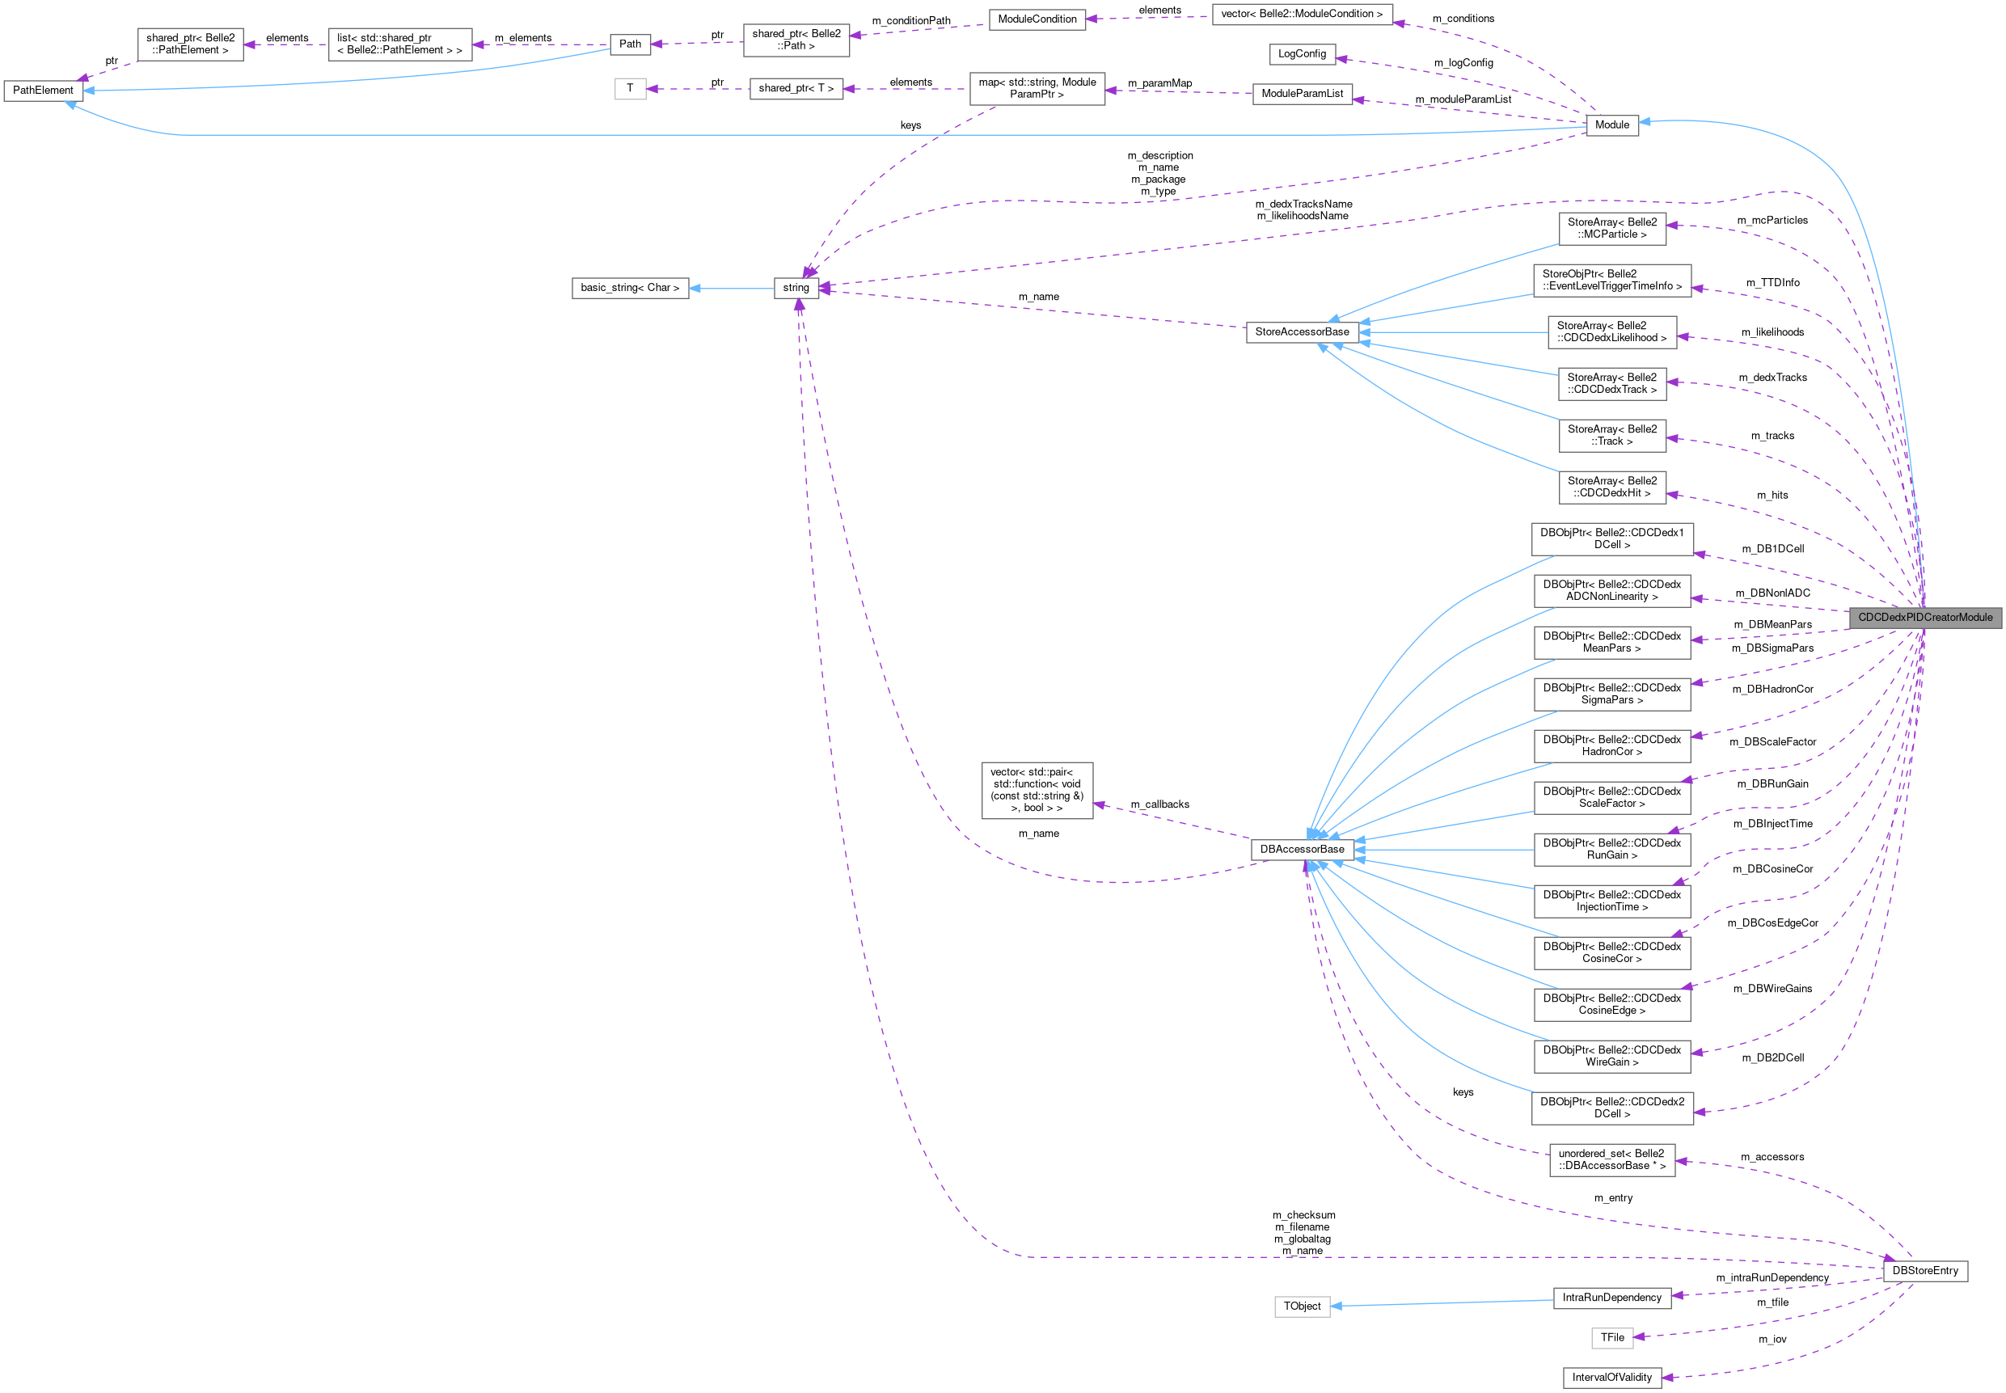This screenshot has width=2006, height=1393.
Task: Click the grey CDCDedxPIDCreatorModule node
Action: [1925, 617]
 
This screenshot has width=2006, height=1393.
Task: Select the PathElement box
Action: [43, 90]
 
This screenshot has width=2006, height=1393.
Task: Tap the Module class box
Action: [1611, 125]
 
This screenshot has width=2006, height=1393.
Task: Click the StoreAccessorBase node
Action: [1302, 331]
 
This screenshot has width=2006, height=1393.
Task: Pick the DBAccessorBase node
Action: [1302, 849]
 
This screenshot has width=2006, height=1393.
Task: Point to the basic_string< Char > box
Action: [629, 287]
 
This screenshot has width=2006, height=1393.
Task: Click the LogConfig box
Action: [1302, 54]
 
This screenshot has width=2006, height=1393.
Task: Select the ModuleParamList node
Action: [1302, 94]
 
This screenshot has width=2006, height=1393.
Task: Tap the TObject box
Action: [1302, 1306]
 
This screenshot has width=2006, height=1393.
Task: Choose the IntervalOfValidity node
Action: [1611, 1378]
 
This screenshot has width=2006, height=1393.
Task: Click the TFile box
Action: [1611, 1337]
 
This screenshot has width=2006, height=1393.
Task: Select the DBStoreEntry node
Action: [1925, 1270]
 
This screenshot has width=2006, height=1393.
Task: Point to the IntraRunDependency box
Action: [1611, 1297]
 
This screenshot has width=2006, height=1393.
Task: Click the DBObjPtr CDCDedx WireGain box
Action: [1611, 1056]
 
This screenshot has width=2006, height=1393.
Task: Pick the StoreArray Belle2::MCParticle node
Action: [1611, 229]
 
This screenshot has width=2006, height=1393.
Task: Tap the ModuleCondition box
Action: [1037, 19]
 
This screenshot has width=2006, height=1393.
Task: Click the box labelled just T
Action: [629, 88]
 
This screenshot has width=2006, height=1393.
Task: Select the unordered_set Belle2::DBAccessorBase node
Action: [1611, 1159]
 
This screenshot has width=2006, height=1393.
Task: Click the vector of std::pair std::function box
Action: [1037, 790]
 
